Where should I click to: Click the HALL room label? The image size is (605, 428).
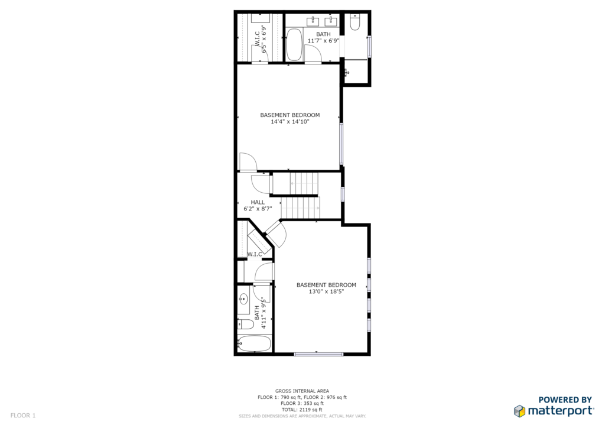[x=258, y=202]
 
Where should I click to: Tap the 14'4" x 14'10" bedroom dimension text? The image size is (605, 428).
[x=290, y=122]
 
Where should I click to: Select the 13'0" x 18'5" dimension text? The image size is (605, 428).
[x=326, y=292]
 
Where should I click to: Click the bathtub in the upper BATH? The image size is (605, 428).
[x=294, y=45]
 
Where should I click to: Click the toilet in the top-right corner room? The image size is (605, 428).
[x=354, y=22]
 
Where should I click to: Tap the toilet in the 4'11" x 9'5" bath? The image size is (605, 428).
[x=245, y=325]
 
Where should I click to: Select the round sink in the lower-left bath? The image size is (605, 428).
[x=243, y=299]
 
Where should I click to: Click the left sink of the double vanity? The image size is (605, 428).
[x=313, y=21]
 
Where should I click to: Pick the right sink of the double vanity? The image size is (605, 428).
[x=331, y=21]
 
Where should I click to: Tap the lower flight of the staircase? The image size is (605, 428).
[x=300, y=207]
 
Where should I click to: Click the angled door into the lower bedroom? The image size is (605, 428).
[x=277, y=234]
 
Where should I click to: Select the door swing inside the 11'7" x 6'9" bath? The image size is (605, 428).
[x=313, y=53]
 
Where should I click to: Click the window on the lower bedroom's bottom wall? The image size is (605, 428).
[x=318, y=354]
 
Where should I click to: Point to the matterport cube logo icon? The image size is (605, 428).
[x=519, y=411]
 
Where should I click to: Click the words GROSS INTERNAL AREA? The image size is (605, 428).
[x=302, y=391]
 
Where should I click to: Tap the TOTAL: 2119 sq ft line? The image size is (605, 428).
[x=302, y=410]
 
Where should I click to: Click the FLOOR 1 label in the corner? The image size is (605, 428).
[x=23, y=416]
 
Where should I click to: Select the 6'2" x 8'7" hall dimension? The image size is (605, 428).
[x=258, y=209]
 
